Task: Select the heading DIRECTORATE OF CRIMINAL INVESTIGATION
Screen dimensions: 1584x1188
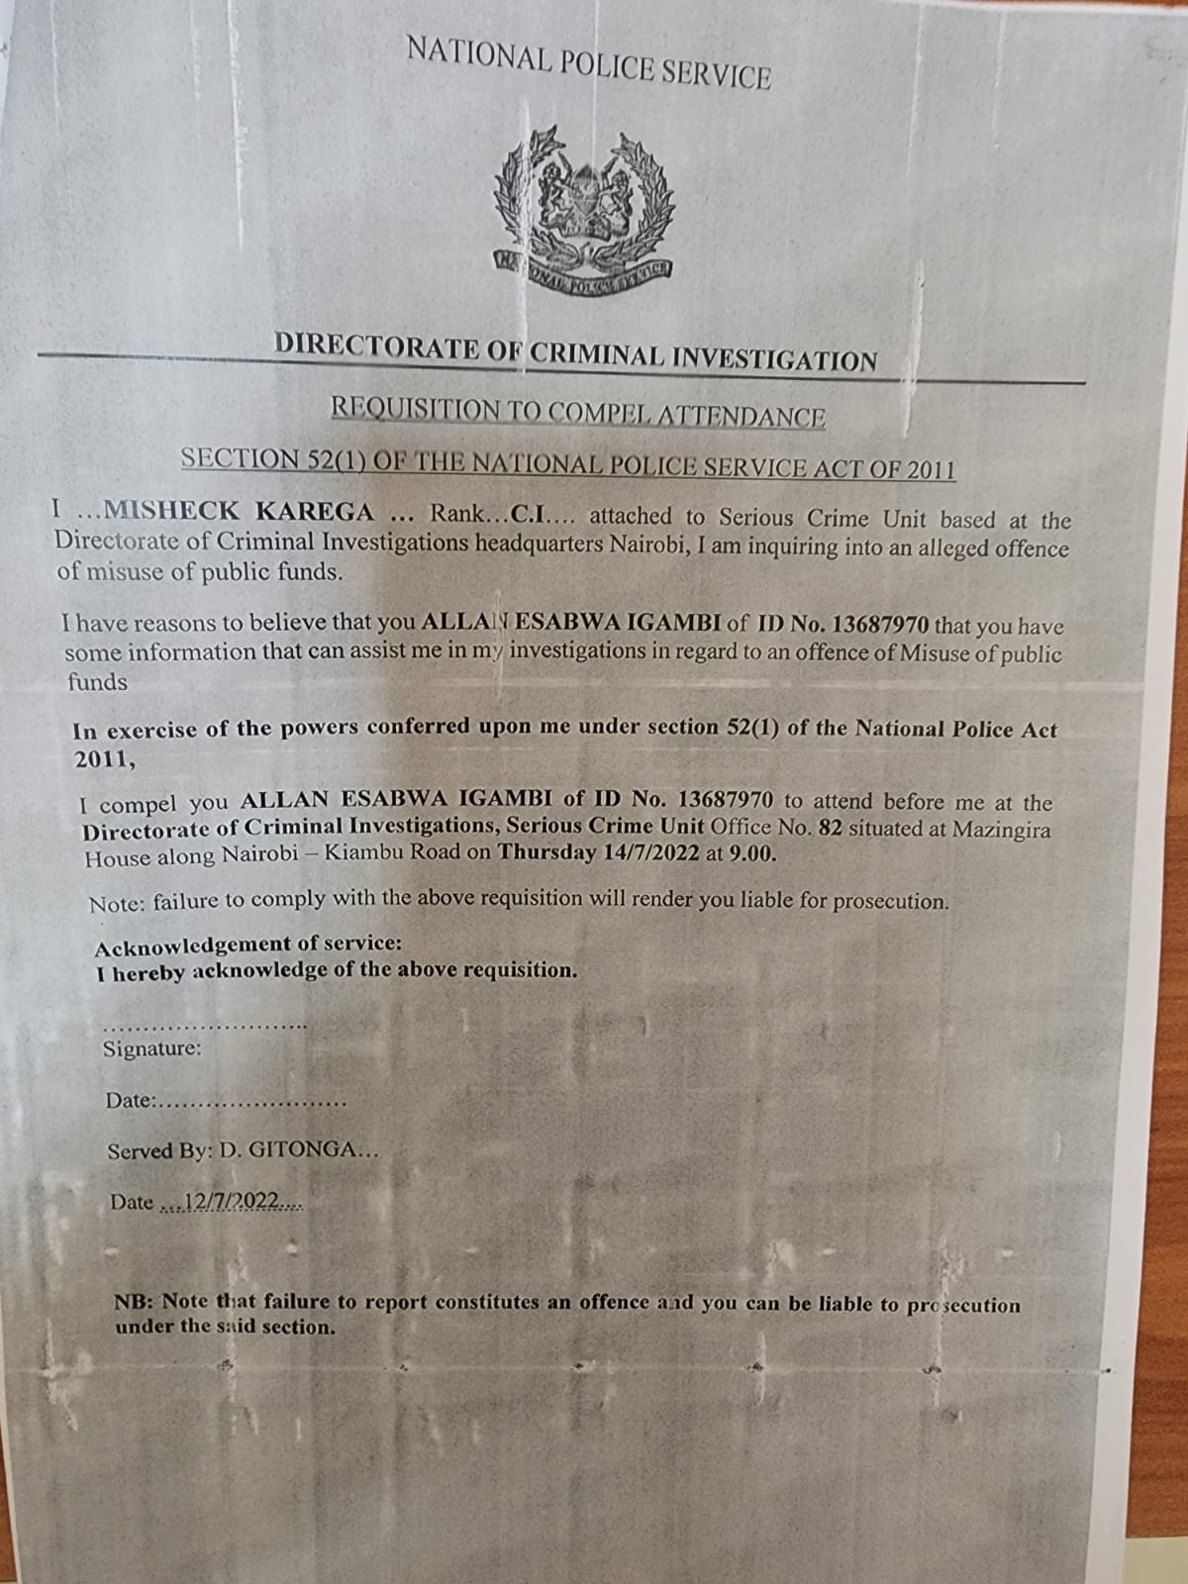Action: coord(575,352)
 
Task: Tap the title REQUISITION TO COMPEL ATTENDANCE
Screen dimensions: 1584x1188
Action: coord(577,412)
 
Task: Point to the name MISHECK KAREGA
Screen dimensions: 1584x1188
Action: coord(239,512)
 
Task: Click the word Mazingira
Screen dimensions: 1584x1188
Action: coord(1001,830)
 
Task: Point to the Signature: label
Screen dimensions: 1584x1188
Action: coord(152,1048)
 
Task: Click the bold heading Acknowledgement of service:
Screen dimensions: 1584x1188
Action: coord(248,943)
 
